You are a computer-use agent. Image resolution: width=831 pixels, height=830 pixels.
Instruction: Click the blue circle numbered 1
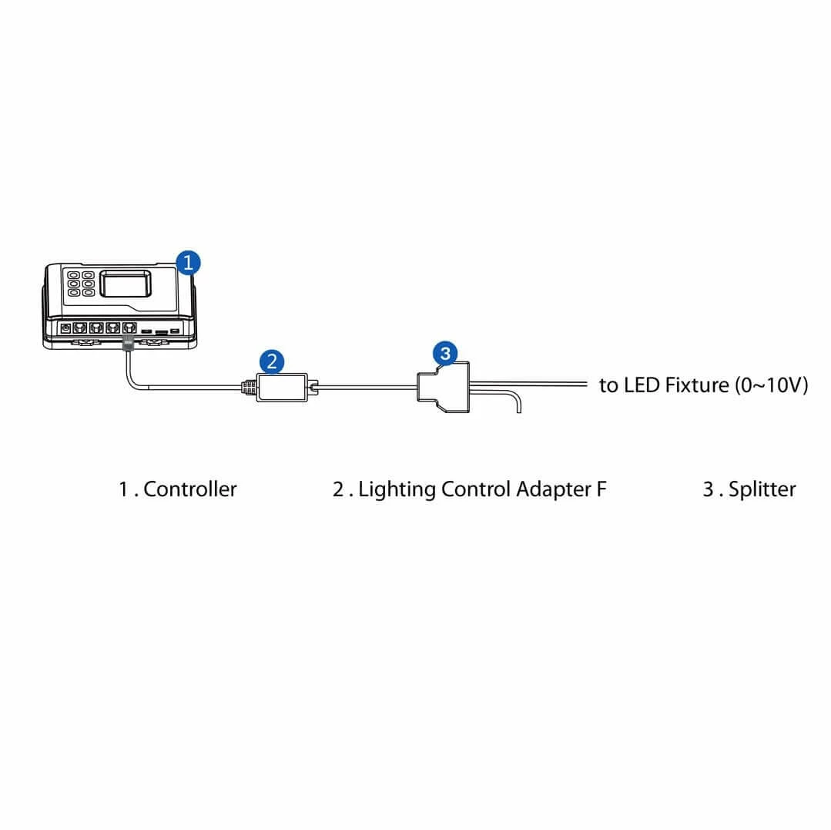[x=188, y=262]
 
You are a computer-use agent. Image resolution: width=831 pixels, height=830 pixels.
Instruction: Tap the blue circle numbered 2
[x=272, y=361]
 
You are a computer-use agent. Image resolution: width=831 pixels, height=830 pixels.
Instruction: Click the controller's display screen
[x=129, y=284]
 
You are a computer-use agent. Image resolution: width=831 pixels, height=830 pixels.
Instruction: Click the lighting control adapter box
[x=282, y=386]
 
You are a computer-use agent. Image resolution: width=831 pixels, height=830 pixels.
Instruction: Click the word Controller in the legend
[x=190, y=489]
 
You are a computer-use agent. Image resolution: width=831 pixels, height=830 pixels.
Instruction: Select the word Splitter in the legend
[x=762, y=489]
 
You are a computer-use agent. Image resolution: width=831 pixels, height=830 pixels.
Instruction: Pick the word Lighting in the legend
[x=397, y=489]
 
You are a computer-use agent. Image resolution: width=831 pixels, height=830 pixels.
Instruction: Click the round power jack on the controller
[x=65, y=328]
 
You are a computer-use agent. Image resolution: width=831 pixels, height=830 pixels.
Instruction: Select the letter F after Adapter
[x=601, y=489]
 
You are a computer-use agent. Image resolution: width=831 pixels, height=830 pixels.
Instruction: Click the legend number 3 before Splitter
[x=708, y=489]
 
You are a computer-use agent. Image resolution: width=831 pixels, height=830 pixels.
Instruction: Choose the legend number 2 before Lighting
[x=338, y=489]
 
